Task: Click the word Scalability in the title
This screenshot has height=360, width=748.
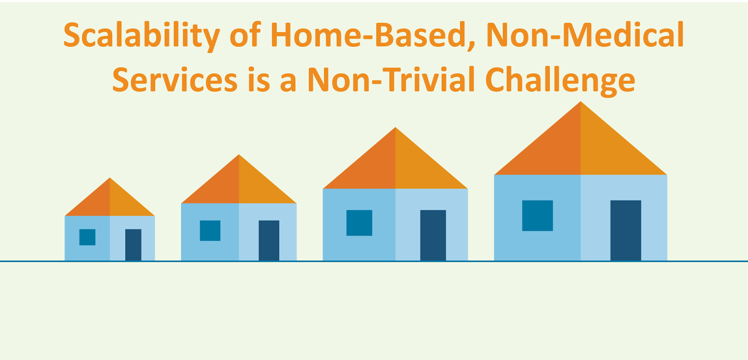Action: tap(142, 36)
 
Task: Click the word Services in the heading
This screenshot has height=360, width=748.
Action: tap(175, 80)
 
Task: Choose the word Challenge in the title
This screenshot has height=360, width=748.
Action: tap(561, 81)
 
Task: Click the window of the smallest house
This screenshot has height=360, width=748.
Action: tap(87, 237)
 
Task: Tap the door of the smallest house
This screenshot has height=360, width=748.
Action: tap(133, 245)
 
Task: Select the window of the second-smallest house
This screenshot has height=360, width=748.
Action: tap(210, 230)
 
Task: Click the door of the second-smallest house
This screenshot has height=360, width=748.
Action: tap(269, 240)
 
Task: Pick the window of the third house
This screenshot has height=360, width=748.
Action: tap(360, 223)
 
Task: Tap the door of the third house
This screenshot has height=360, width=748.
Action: tap(433, 235)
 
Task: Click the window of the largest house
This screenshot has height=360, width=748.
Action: tap(538, 216)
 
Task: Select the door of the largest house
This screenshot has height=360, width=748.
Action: tap(626, 230)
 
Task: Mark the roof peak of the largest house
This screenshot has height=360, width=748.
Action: tap(581, 101)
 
